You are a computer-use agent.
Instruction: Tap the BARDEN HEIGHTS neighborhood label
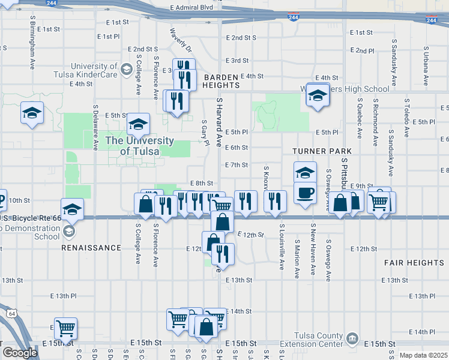tap(221, 82)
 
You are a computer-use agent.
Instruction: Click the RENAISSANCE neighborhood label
tap(91, 247)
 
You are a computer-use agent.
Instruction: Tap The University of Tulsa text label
tap(140, 146)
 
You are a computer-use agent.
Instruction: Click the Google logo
tap(19, 352)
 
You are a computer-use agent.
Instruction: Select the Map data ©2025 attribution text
tap(423, 355)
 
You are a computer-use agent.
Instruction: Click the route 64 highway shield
tap(12, 313)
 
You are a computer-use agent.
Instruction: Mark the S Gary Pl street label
tap(205, 131)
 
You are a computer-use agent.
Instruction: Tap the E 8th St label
tap(201, 183)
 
